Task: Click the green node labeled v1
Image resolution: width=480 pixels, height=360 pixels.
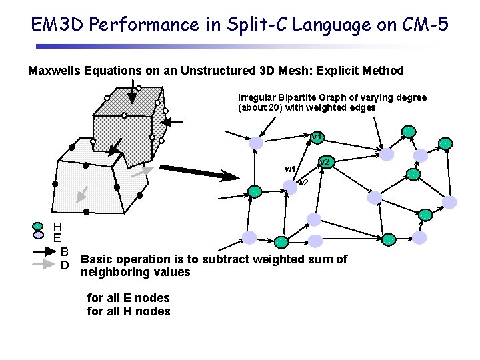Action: pos(317,137)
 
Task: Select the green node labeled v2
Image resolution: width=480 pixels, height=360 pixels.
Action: pos(325,162)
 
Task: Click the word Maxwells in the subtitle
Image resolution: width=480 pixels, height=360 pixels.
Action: pos(55,71)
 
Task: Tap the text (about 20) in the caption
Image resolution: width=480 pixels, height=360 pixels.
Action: pos(260,107)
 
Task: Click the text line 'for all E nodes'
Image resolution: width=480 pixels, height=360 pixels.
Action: pos(129,298)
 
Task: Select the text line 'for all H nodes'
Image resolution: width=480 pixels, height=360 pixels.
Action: pos(129,311)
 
